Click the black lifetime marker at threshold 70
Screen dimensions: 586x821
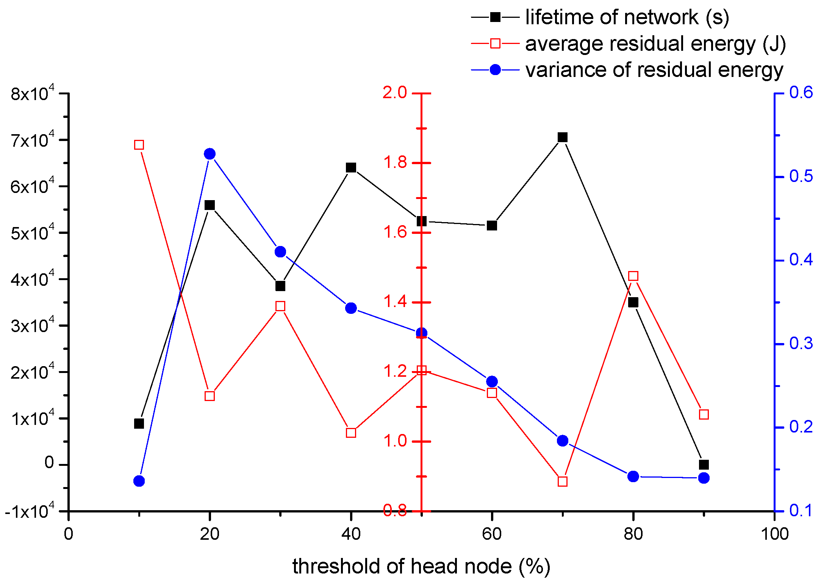tap(563, 137)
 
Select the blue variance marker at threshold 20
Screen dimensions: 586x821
tap(210, 154)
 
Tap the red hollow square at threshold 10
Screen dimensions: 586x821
tap(139, 145)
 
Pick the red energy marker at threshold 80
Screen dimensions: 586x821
tap(633, 276)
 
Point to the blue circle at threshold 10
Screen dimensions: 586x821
tap(139, 481)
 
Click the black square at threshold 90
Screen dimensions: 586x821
tap(704, 465)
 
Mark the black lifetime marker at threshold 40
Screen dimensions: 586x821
tap(351, 168)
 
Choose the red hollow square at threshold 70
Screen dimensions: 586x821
tap(563, 481)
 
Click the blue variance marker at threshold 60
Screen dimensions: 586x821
tap(492, 381)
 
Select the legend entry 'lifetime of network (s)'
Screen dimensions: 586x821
tap(627, 17)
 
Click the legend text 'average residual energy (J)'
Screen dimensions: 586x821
tap(655, 44)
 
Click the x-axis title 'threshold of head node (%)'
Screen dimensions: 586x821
tap(421, 567)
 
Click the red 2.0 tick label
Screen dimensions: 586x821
tap(395, 92)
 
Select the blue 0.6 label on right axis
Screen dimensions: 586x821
tap(801, 92)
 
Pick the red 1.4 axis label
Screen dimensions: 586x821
tap(395, 302)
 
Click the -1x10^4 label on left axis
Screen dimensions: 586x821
tap(30, 512)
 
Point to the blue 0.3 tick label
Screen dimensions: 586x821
tap(801, 343)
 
